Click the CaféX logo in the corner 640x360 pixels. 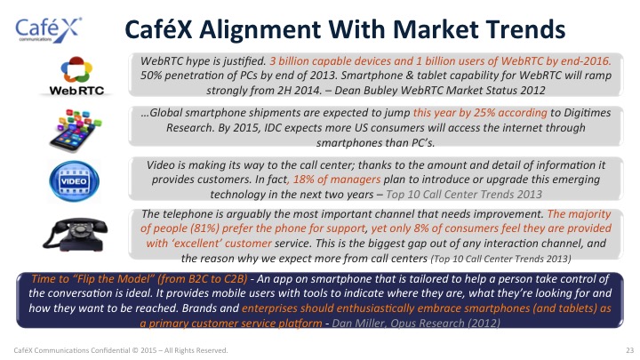coord(49,30)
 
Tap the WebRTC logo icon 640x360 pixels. coord(76,76)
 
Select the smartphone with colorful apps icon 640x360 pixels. coord(75,130)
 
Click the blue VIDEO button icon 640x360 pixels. coord(74,181)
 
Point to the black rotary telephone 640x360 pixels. coord(75,234)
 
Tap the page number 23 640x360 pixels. coord(630,350)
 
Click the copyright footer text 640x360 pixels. coord(121,350)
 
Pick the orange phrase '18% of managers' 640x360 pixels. coord(337,180)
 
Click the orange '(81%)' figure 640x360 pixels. coord(205,228)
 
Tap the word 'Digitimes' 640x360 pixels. coord(587,113)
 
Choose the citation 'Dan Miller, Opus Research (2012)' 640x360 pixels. coord(416,324)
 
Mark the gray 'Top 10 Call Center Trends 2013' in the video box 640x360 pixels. coord(464,195)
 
